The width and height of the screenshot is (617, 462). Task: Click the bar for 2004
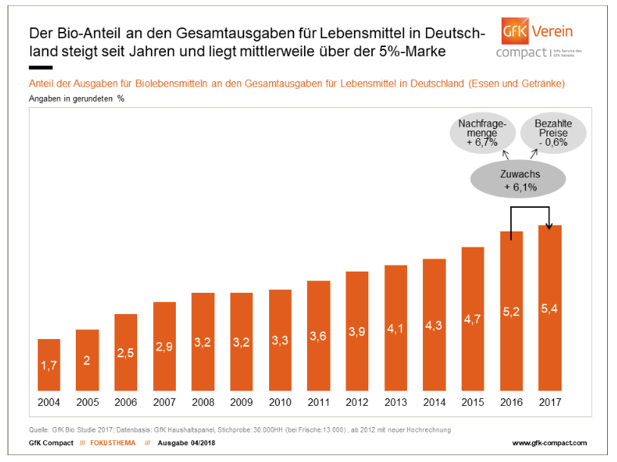(49, 363)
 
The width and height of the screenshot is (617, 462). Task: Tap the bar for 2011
(318, 335)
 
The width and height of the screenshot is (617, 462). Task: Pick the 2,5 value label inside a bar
(126, 353)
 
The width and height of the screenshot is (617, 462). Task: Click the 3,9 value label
(357, 332)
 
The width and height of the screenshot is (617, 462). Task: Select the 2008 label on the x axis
(202, 401)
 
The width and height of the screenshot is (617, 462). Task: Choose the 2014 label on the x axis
(434, 401)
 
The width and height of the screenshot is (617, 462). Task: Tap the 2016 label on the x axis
(512, 401)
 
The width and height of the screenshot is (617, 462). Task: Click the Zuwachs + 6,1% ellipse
(519, 180)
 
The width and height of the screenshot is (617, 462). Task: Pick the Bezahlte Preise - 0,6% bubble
(553, 133)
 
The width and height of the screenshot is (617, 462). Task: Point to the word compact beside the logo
(521, 52)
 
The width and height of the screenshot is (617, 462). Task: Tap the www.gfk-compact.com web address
(550, 442)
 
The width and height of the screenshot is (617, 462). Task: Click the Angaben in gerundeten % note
(77, 99)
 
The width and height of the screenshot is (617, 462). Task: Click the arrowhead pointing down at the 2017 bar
(550, 222)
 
